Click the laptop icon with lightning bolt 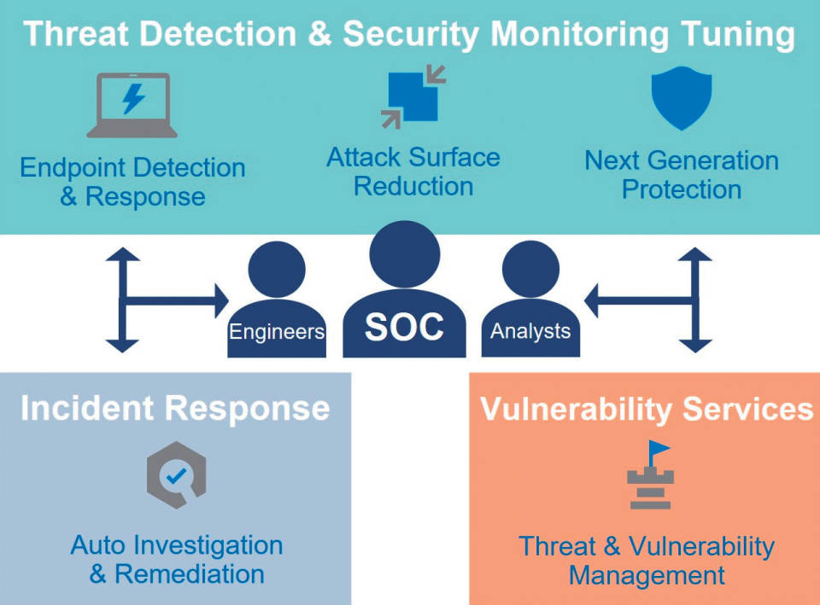[x=132, y=105]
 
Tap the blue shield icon [x=681, y=98]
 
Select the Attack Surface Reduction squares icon [x=413, y=97]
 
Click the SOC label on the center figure [x=404, y=328]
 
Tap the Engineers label [x=276, y=331]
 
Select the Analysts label [x=530, y=331]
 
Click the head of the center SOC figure [x=404, y=254]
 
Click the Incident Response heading [x=175, y=408]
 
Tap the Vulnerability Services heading [x=647, y=409]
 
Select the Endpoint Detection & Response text [x=132, y=182]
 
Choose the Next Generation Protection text [x=681, y=174]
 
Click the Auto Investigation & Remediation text [x=176, y=559]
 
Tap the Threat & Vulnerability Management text [x=647, y=560]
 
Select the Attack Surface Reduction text [x=413, y=172]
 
